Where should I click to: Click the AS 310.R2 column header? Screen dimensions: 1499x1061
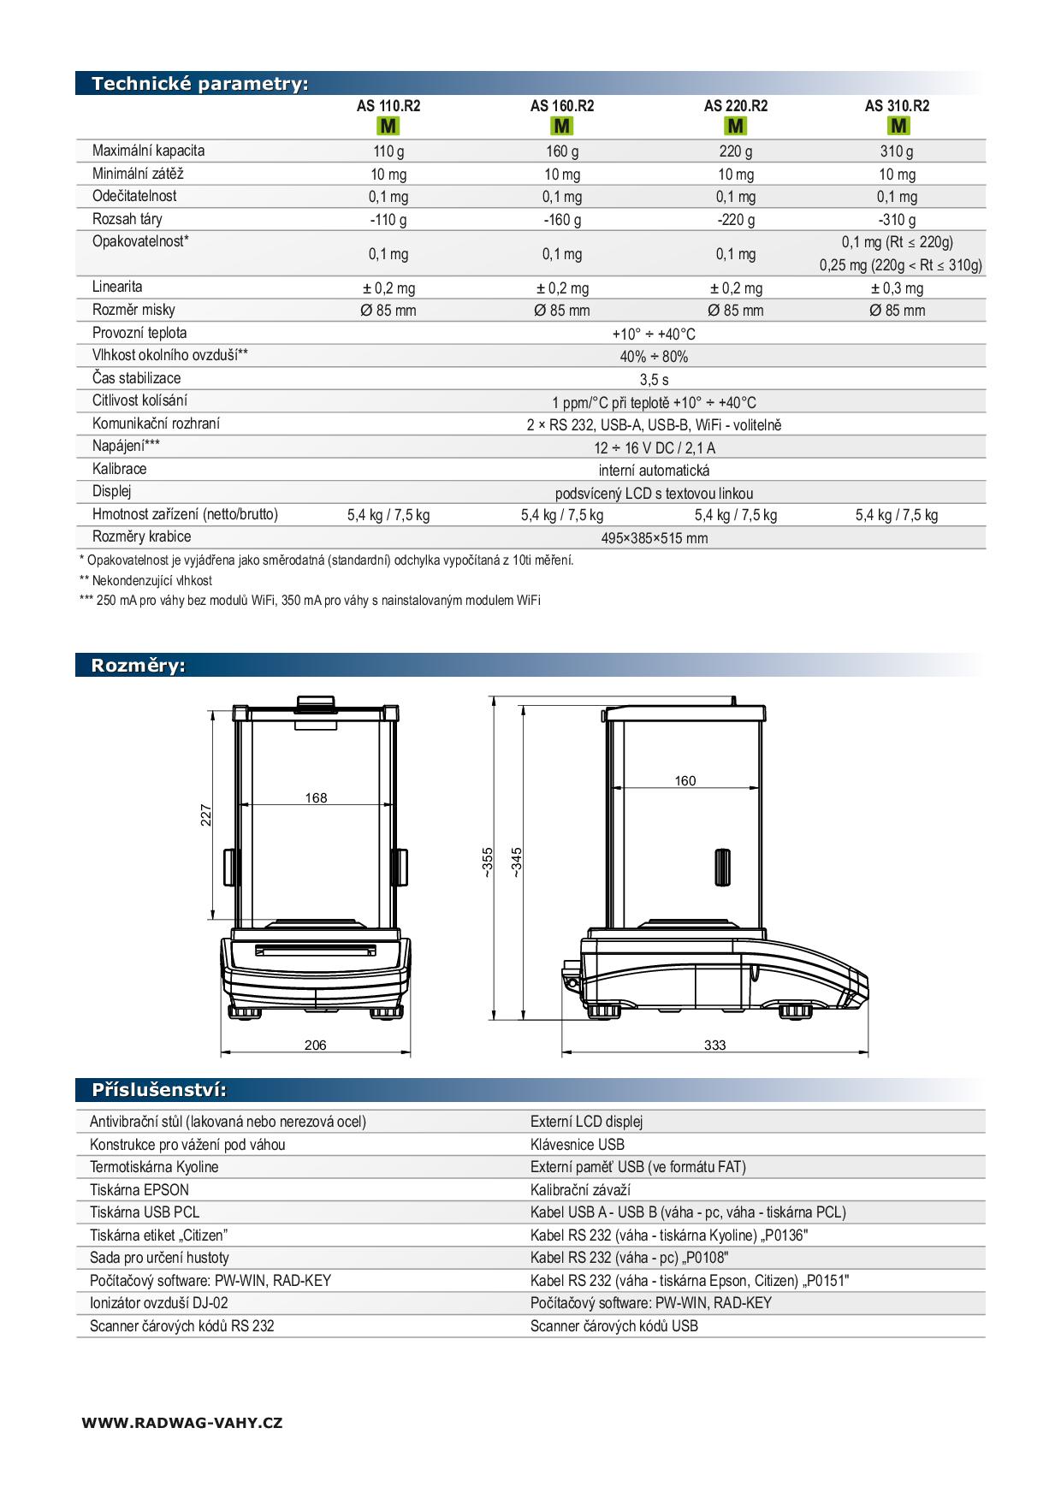[897, 106]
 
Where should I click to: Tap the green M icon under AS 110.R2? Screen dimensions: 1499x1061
[388, 127]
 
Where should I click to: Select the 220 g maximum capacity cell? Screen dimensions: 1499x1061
[735, 151]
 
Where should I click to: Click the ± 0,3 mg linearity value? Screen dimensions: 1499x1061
[897, 288]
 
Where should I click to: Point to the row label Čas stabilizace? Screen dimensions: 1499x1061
[137, 378]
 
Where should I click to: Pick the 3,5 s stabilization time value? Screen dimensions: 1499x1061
[654, 380]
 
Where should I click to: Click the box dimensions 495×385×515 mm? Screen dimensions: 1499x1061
[654, 538]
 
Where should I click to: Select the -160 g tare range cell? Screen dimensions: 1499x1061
[562, 220]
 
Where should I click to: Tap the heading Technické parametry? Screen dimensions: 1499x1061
[199, 84]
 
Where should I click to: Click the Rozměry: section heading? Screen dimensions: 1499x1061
[139, 666]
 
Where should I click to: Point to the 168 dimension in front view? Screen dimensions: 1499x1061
[316, 798]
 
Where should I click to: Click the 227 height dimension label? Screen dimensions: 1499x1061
[206, 814]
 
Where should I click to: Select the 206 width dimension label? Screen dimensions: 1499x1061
[315, 1045]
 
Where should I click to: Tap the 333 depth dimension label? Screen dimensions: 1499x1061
[714, 1045]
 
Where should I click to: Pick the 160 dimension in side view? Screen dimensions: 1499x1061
[685, 781]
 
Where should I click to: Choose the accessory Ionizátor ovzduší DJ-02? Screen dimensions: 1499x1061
[159, 1303]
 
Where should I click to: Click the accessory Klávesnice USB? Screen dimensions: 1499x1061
[578, 1145]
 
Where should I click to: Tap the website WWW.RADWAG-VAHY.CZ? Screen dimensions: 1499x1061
[182, 1423]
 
